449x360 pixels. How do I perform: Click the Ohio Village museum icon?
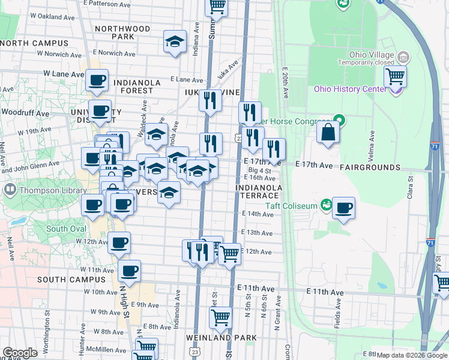point(403,57)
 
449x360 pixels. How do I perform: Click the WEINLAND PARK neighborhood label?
point(221,338)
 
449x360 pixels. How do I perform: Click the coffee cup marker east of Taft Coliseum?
point(343,208)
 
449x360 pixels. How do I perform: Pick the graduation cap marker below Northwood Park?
point(175,42)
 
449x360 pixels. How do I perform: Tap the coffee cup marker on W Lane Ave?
point(97,80)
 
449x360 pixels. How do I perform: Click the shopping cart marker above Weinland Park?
point(221,317)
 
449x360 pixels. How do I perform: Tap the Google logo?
point(20,353)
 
